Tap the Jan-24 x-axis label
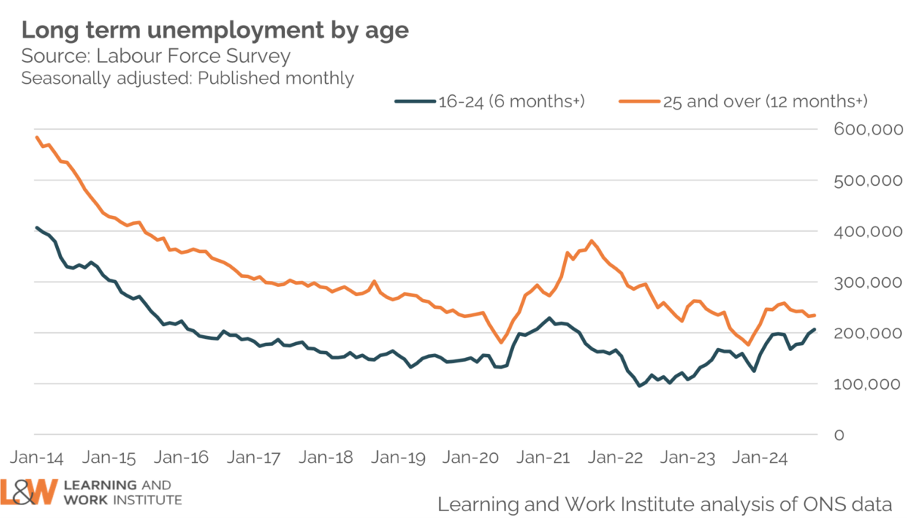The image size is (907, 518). [x=760, y=458]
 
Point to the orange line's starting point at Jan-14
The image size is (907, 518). [x=37, y=137]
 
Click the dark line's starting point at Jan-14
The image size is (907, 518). [x=37, y=227]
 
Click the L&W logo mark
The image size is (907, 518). [x=29, y=492]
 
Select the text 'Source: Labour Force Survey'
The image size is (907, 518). [x=156, y=57]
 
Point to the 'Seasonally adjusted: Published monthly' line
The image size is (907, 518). [x=187, y=78]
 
